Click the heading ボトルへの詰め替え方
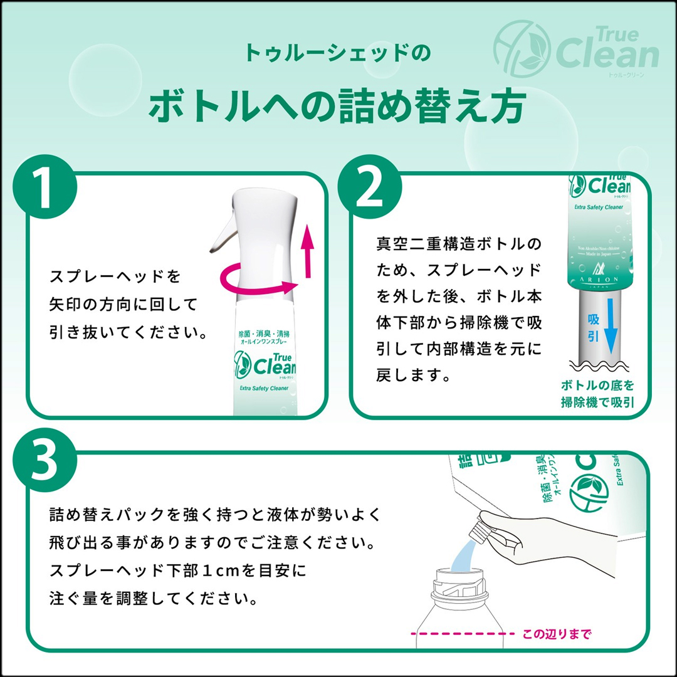click(337, 106)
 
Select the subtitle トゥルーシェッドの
click(337, 52)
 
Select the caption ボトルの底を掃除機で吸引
click(597, 394)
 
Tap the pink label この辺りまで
click(557, 634)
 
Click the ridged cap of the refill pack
click(485, 527)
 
